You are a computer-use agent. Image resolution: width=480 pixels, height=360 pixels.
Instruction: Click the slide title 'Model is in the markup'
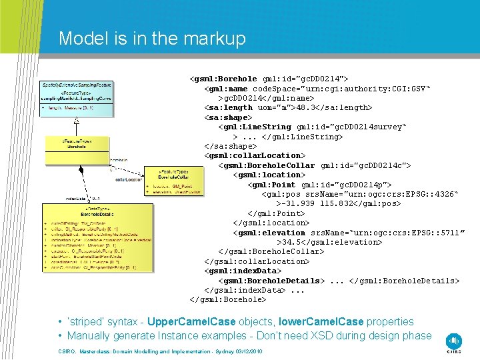click(152, 39)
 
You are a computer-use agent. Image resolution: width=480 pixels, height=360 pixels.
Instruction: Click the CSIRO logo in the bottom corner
click(454, 342)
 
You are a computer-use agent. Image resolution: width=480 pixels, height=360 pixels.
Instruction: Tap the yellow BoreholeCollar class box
click(173, 181)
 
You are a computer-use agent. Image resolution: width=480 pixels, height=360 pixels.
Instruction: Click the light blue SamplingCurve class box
click(76, 96)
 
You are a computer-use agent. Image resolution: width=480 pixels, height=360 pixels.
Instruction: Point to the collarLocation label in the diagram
click(128, 179)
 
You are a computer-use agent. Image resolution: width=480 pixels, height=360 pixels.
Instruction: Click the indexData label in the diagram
click(76, 198)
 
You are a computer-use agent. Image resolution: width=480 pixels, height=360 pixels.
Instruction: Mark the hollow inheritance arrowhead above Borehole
click(77, 120)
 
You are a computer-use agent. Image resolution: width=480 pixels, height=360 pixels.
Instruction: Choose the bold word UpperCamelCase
click(190, 322)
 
